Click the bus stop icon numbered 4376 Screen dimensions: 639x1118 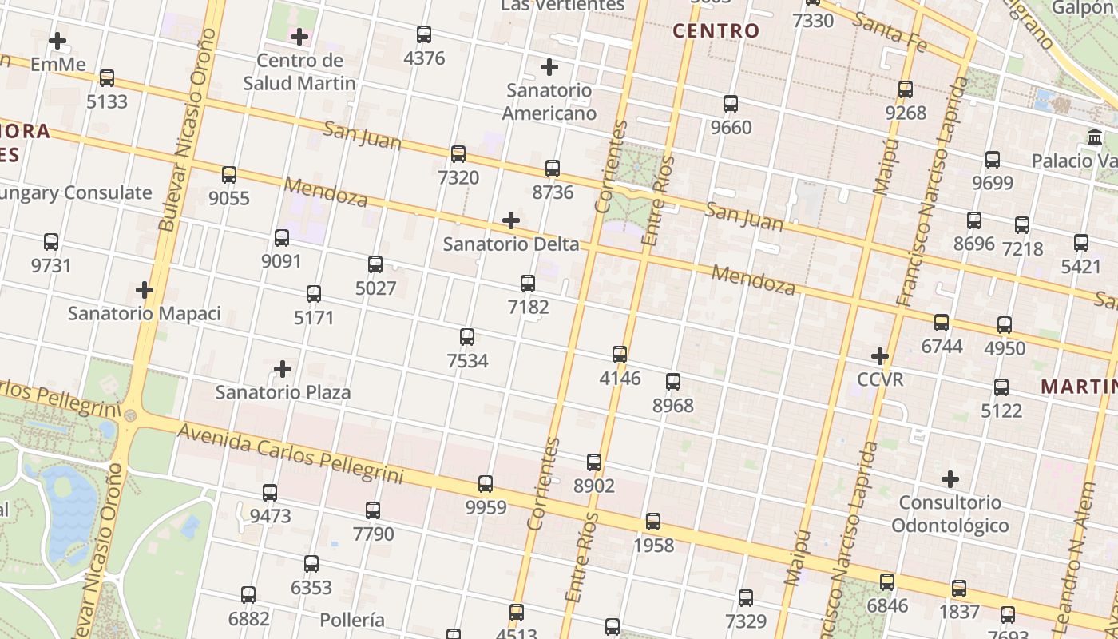[424, 34]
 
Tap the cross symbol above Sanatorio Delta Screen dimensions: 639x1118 [511, 220]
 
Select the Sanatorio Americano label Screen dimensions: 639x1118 [549, 101]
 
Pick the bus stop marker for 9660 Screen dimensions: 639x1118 [731, 104]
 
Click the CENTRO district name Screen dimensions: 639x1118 [716, 31]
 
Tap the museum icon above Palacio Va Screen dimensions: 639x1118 [1095, 137]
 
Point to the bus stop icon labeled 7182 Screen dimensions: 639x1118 [528, 284]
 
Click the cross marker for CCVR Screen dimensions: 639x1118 [880, 355]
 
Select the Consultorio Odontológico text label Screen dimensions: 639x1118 [950, 514]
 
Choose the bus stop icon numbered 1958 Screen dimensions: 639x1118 [653, 522]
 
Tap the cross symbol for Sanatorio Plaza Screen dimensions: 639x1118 [283, 369]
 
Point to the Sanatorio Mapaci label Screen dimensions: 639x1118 [144, 313]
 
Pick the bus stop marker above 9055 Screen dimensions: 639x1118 [229, 175]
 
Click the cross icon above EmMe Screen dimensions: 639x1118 [57, 40]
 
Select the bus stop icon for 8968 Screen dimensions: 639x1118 [673, 382]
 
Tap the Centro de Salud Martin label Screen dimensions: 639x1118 [299, 72]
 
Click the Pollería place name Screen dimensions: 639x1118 [352, 620]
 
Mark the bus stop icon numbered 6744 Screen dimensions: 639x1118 [942, 323]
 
